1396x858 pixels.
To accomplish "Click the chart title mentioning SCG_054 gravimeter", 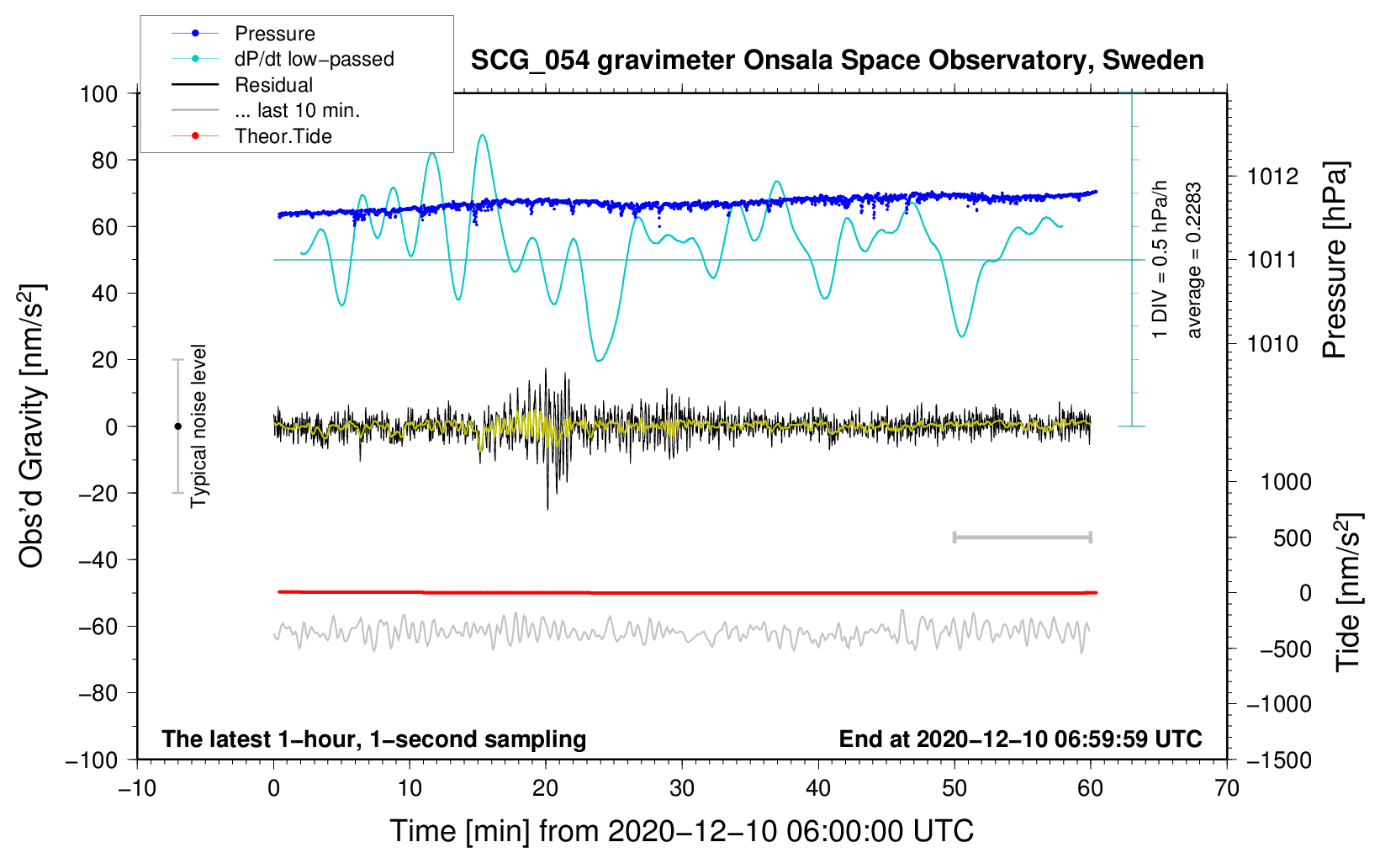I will click(x=837, y=61).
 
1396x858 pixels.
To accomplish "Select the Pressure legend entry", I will click(x=274, y=34).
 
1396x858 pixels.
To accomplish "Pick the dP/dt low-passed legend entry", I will click(x=314, y=59).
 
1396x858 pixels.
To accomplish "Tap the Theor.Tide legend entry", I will click(x=283, y=136).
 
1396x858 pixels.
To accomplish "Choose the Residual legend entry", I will click(x=273, y=85).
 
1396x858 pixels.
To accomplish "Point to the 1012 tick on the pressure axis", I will click(x=1272, y=177).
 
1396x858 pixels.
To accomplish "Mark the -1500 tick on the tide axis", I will click(x=1278, y=760).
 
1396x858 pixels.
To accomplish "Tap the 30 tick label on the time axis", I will click(x=682, y=788).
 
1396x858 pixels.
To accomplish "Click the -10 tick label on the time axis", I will click(x=137, y=788).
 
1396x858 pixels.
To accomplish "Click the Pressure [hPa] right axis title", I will click(x=1335, y=261).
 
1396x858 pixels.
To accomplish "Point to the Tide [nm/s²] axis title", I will click(x=1348, y=592).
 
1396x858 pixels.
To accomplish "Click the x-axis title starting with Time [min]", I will click(x=682, y=831).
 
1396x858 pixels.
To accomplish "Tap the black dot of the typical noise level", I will click(x=177, y=426).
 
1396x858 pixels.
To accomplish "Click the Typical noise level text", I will click(x=198, y=426).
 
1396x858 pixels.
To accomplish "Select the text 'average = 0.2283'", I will click(x=1194, y=261).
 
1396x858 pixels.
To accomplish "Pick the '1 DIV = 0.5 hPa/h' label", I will click(x=1161, y=261).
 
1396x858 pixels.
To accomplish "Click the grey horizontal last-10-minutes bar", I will click(x=1022, y=537).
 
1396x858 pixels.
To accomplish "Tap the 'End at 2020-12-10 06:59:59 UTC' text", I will click(x=1020, y=739).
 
